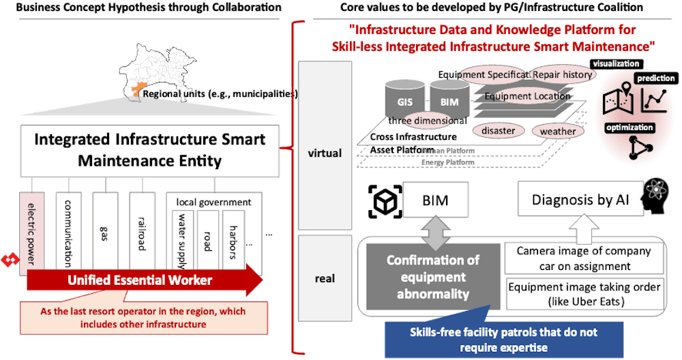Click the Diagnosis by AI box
coord(578,200)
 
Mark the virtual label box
coord(325,153)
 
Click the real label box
coord(325,279)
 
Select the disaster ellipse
coord(498,130)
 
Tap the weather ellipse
coord(558,130)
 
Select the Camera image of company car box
coord(583,258)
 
